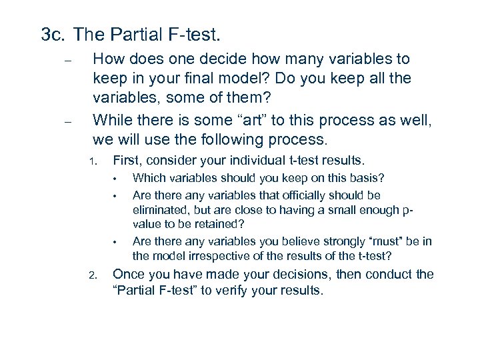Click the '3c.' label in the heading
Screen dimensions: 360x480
pyautogui.click(x=53, y=35)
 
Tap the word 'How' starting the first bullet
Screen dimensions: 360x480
pyautogui.click(x=109, y=60)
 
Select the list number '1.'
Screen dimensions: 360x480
pyautogui.click(x=94, y=161)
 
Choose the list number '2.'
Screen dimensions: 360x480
pyautogui.click(x=94, y=275)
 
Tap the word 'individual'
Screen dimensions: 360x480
pyautogui.click(x=259, y=160)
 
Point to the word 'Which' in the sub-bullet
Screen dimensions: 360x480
pyautogui.click(x=147, y=178)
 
